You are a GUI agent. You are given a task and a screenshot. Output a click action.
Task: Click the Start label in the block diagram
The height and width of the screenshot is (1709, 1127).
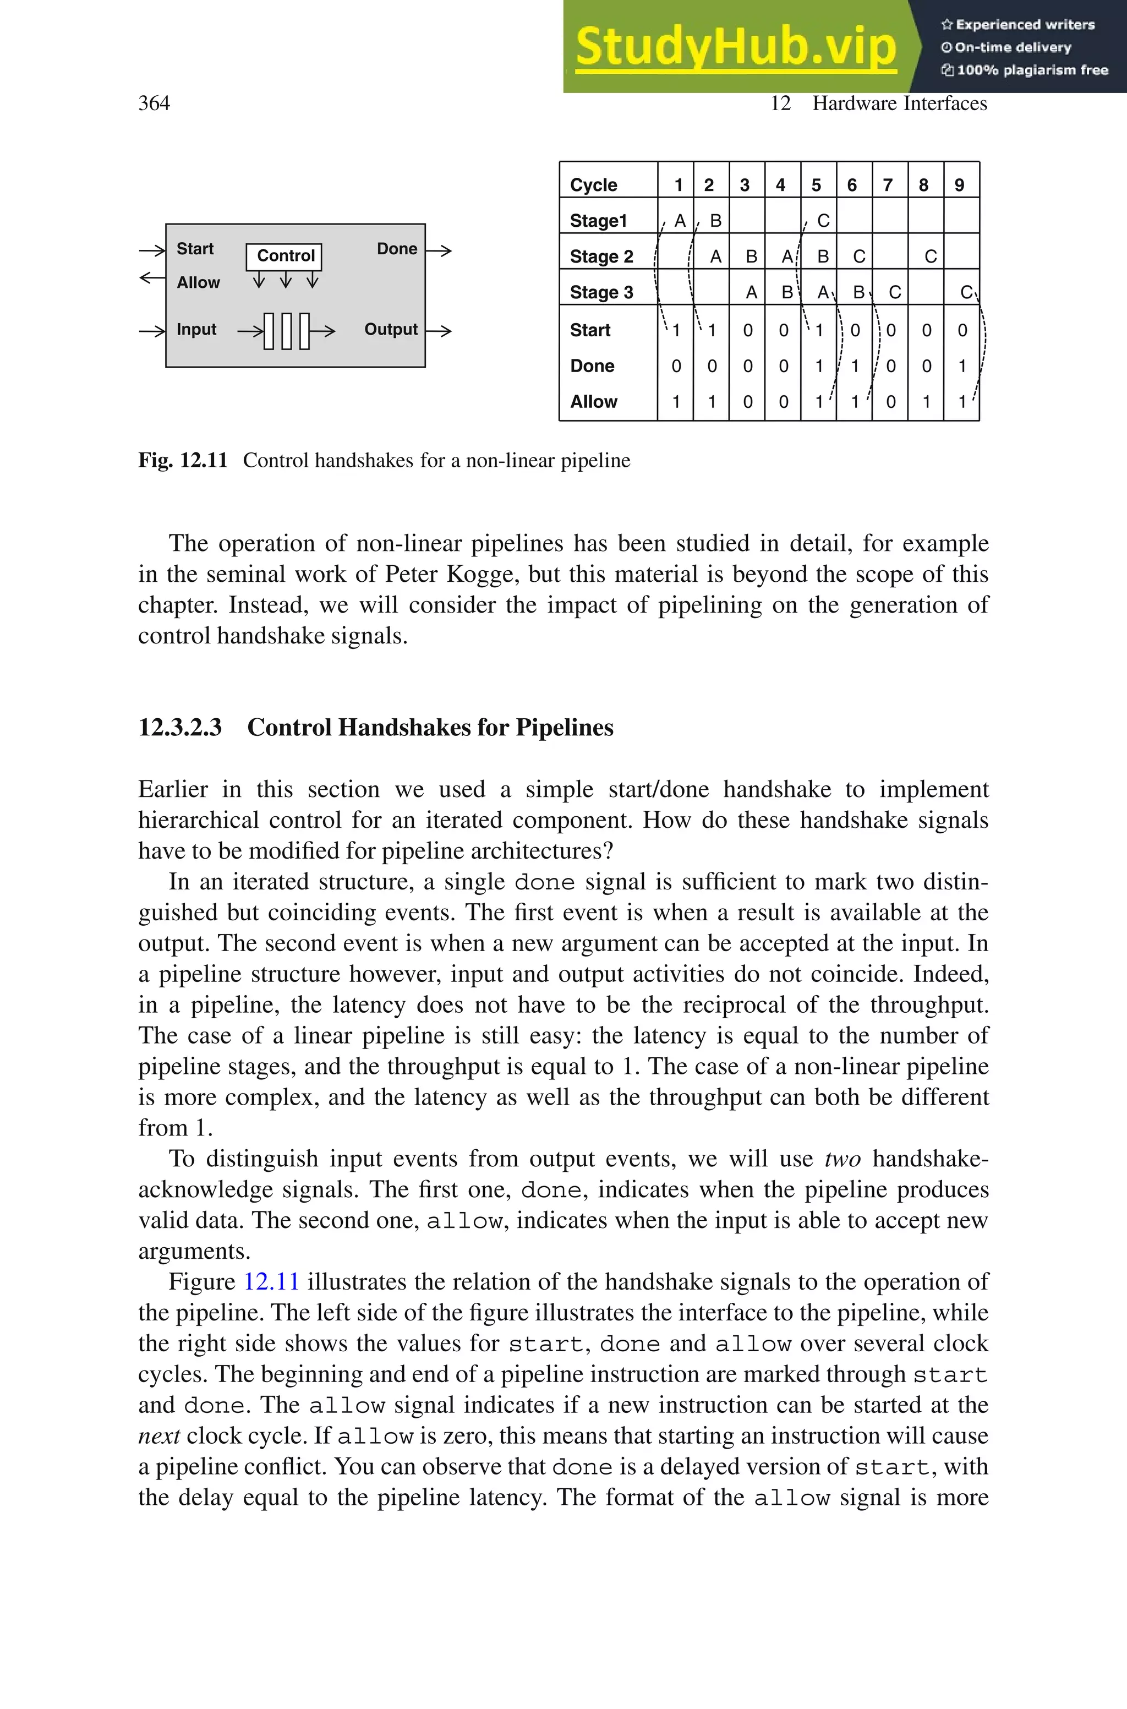click(x=195, y=249)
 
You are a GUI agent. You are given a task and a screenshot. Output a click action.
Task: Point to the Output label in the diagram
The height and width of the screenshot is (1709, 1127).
click(x=390, y=329)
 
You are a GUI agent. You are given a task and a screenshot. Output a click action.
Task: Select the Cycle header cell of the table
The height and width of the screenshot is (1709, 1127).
click(x=593, y=185)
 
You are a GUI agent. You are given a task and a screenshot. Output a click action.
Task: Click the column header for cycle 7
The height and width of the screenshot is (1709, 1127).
click(x=888, y=185)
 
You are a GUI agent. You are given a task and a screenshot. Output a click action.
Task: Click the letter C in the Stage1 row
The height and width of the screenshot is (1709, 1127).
click(x=823, y=221)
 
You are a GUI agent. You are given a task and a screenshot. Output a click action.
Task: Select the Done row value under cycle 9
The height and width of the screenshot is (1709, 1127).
click(x=962, y=366)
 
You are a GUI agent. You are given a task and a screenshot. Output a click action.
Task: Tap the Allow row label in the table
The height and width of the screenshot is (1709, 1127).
click(x=593, y=402)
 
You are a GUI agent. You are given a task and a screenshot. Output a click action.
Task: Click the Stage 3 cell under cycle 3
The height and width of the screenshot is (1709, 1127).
click(x=751, y=292)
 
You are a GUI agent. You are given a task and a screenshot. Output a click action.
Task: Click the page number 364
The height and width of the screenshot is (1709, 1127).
click(x=154, y=103)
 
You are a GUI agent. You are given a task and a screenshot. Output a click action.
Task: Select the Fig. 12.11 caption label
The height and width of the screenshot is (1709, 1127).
click(x=183, y=460)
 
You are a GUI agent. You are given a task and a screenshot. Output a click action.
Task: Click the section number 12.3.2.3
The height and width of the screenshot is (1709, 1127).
click(x=180, y=727)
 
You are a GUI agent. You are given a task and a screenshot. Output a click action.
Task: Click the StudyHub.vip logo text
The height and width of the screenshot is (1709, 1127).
click(x=735, y=47)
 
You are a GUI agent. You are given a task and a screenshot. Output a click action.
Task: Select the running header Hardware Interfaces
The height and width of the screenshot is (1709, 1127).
click(x=899, y=103)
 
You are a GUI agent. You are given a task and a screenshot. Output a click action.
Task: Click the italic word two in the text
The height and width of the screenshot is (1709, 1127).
click(x=842, y=1159)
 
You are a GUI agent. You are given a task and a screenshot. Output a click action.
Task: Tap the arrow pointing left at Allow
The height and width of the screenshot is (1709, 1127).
click(x=152, y=277)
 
